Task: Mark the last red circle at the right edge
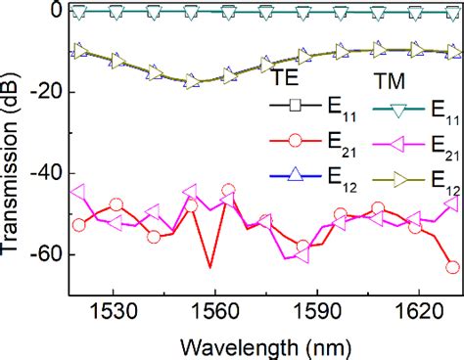(x=452, y=267)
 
